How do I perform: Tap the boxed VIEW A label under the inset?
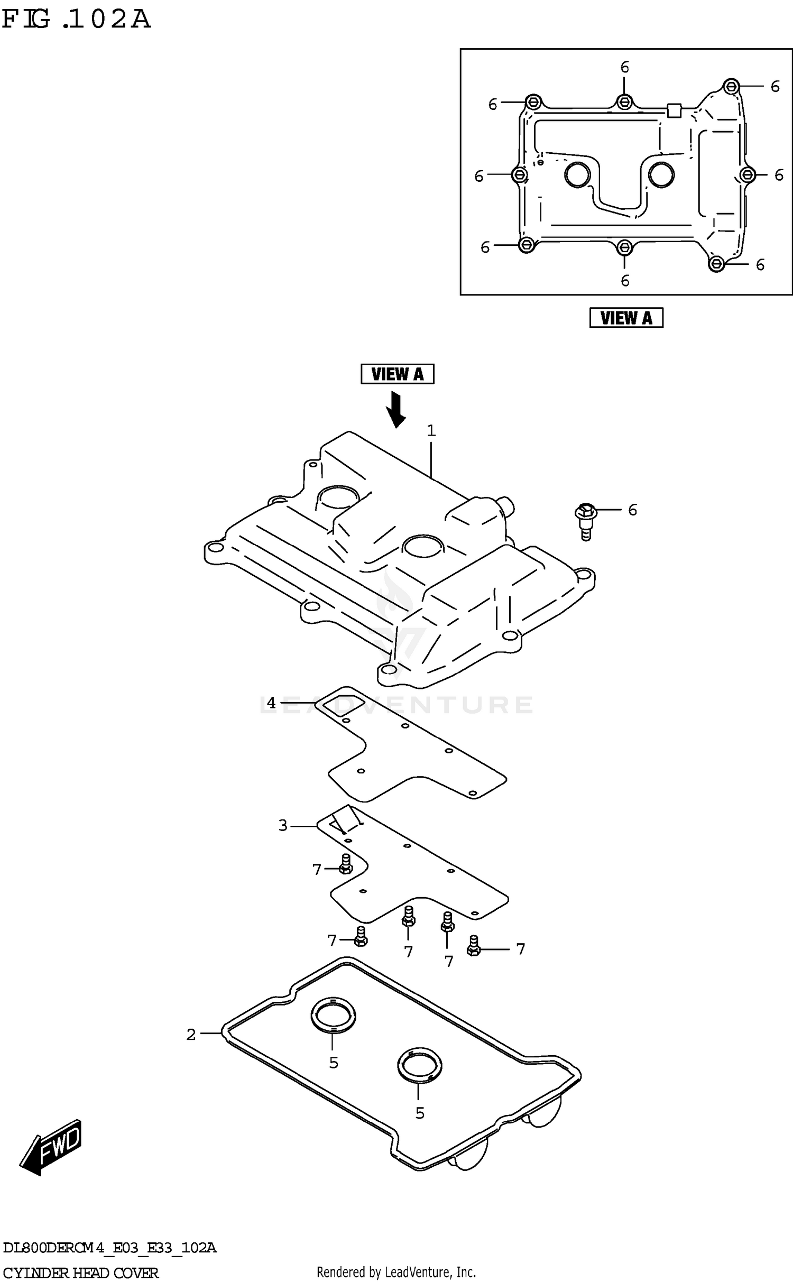click(626, 318)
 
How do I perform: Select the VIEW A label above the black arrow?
click(397, 374)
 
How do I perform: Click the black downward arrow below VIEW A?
click(395, 409)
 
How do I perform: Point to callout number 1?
click(431, 431)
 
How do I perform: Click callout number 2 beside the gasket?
click(191, 1035)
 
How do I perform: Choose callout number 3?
click(283, 825)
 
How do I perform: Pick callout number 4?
click(271, 703)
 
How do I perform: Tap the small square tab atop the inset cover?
click(674, 110)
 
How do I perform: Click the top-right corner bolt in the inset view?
click(731, 86)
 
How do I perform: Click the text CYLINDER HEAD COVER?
click(80, 1272)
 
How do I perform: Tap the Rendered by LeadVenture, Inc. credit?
click(396, 1271)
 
